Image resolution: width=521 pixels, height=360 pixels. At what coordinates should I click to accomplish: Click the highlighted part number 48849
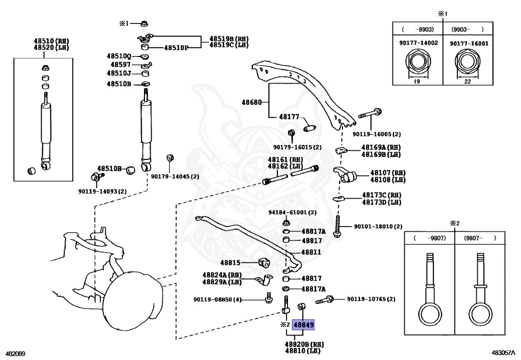(304, 324)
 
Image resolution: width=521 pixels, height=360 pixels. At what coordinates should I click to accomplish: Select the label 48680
(252, 102)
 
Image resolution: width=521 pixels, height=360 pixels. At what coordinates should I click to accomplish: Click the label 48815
(230, 263)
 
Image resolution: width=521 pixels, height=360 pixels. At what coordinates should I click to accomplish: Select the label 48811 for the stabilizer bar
(311, 252)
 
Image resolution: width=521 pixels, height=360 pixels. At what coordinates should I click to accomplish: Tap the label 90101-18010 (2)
(378, 227)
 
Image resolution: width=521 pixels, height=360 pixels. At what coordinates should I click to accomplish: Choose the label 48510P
(176, 48)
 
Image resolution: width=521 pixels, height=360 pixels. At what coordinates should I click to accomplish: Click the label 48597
(121, 65)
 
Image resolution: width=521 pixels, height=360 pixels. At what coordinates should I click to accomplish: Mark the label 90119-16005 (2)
(377, 134)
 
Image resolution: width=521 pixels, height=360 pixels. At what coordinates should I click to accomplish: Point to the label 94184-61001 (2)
(293, 212)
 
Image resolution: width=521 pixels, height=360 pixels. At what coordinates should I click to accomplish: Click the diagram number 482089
(16, 353)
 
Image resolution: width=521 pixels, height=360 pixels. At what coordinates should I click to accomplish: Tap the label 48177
(289, 117)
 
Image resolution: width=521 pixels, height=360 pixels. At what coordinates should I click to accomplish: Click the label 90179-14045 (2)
(175, 177)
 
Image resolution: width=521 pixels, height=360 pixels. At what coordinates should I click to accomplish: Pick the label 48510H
(110, 169)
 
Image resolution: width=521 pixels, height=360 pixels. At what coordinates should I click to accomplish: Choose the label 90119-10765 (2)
(371, 299)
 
